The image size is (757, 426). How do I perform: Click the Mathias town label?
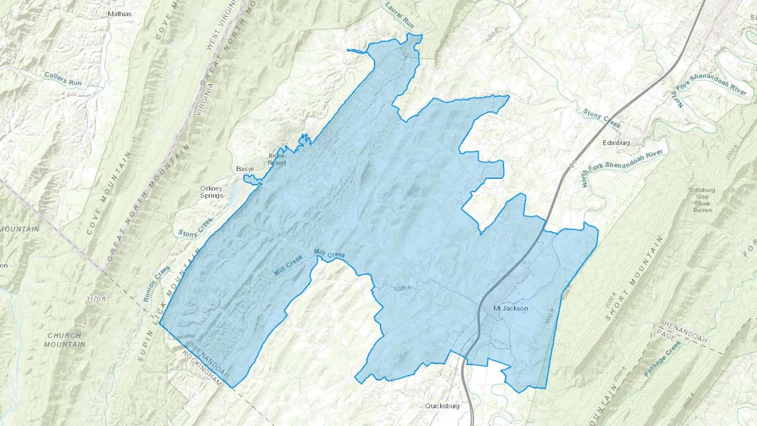coord(119,14)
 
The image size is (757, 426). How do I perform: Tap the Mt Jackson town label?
coord(510,308)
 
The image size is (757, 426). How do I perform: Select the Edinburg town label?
coord(616,143)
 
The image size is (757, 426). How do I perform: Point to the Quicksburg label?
coord(442,406)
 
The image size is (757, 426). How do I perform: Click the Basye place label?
coord(245,169)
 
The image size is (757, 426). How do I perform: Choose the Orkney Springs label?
coord(212,192)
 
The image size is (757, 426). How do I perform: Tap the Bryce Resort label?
coord(277,159)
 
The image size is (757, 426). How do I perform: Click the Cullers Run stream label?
coord(63,79)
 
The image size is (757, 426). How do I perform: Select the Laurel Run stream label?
coord(400,15)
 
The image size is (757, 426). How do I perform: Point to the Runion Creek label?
coord(157,283)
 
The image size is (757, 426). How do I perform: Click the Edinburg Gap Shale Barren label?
coord(702,200)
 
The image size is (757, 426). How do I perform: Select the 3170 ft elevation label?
coord(96,299)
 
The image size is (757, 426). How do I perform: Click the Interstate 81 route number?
coord(572,164)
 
